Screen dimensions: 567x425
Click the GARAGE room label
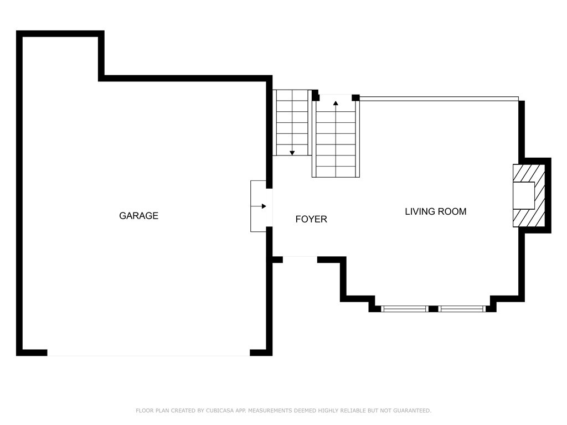coord(138,216)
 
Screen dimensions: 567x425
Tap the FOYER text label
coord(311,219)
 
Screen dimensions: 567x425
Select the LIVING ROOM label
coord(435,211)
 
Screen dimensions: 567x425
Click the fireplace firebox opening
coord(524,195)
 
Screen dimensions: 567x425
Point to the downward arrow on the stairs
coord(292,153)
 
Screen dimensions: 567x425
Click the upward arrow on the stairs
coord(336,103)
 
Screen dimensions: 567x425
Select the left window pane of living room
coord(405,309)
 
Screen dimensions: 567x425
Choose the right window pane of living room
coord(462,309)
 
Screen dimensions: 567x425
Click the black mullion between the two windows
coord(433,309)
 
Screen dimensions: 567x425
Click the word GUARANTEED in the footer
coord(412,411)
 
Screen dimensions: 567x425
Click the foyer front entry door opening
coord(300,260)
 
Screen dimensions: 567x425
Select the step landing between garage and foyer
coord(259,206)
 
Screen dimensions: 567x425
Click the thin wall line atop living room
coord(439,99)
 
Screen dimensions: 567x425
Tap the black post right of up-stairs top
coord(356,97)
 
